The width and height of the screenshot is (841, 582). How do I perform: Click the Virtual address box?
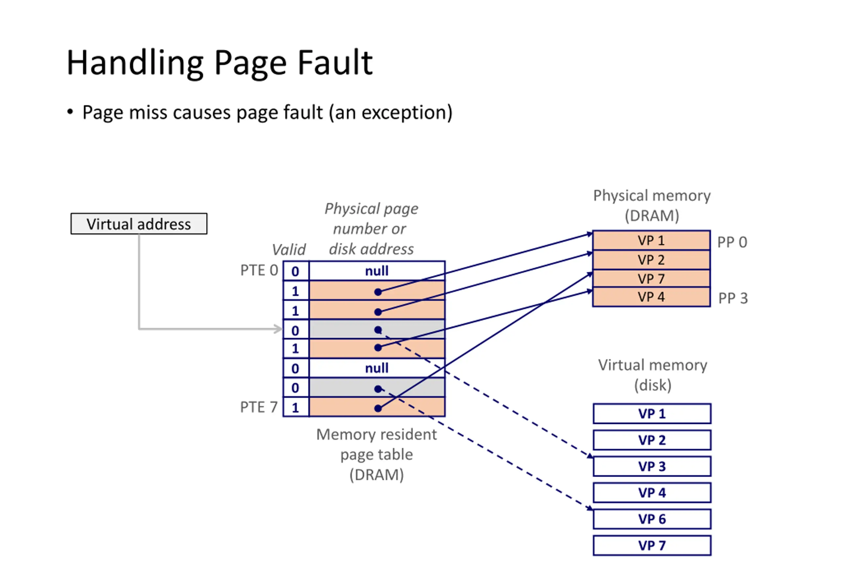click(x=139, y=224)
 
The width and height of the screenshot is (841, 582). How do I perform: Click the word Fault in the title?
click(x=335, y=63)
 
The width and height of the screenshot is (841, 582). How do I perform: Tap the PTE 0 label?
click(x=259, y=270)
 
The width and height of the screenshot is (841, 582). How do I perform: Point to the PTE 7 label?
click(x=259, y=407)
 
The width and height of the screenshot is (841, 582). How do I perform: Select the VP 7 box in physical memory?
click(x=651, y=279)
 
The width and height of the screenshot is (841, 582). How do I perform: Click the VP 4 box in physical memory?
click(x=651, y=297)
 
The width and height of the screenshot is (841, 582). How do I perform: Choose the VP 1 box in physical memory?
click(x=651, y=240)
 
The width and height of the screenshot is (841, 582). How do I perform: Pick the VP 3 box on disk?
click(x=652, y=466)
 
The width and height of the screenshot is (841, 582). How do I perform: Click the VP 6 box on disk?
click(x=652, y=519)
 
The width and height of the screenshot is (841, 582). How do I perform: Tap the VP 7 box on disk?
click(x=652, y=545)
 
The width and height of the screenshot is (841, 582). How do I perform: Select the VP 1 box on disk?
click(x=652, y=414)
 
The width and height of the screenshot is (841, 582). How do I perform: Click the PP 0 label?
click(x=732, y=242)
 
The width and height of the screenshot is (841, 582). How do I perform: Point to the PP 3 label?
click(x=733, y=298)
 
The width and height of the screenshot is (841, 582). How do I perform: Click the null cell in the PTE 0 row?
click(x=377, y=271)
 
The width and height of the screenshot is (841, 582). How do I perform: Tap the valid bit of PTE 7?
click(x=295, y=407)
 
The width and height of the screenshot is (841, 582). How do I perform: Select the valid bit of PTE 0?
click(x=295, y=271)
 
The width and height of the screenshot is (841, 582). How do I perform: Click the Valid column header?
click(x=288, y=250)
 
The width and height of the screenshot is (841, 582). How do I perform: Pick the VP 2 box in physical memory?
click(x=651, y=260)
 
